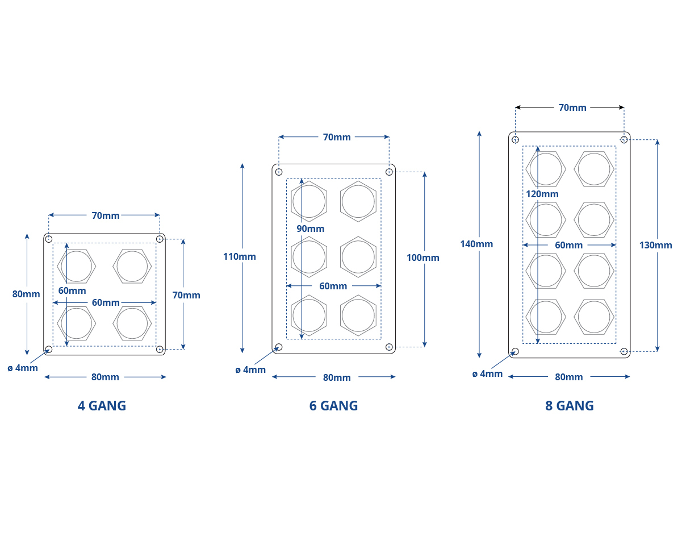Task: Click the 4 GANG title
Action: point(102,406)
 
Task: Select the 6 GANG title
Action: point(333,406)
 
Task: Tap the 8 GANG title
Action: point(570,406)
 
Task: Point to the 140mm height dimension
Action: point(476,244)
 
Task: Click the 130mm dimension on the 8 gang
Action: point(656,245)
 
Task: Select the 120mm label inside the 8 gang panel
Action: point(542,194)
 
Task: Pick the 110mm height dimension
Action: point(240,256)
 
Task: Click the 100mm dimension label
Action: point(423,257)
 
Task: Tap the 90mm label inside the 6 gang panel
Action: point(311,229)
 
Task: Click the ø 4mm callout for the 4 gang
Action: point(23,368)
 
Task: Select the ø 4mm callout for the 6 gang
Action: point(250,369)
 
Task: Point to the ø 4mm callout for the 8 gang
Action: point(487,374)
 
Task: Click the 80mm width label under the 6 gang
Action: point(337,377)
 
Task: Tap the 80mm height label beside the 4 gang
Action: point(26,294)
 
